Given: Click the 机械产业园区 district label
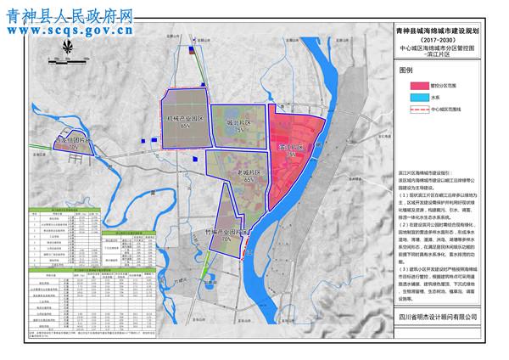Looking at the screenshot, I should [x=183, y=118].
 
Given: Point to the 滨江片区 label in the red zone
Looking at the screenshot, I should [x=291, y=147].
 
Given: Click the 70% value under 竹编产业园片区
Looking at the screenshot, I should [x=226, y=240].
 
